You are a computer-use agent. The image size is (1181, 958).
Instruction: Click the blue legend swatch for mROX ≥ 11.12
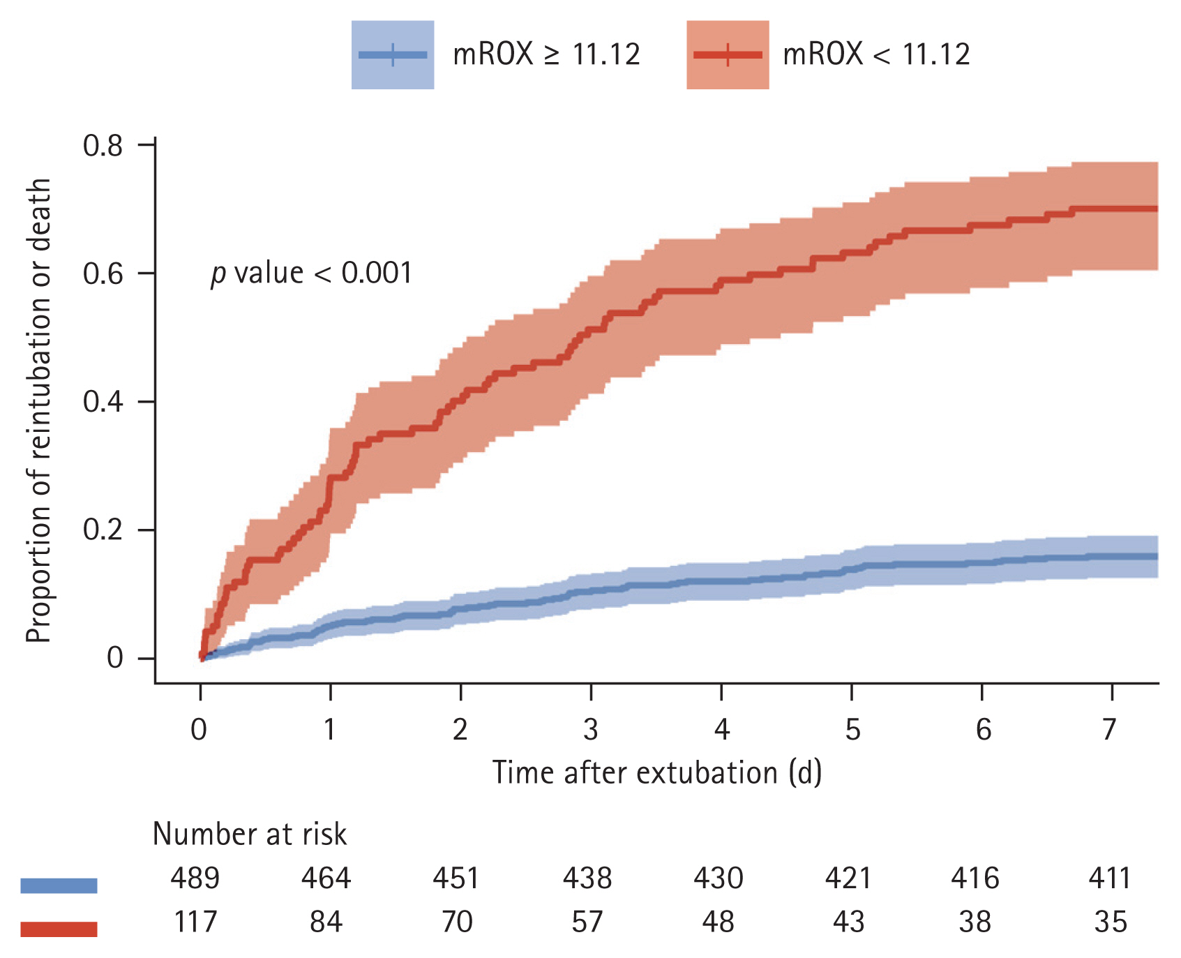[392, 54]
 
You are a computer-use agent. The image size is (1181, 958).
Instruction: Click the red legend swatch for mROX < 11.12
[728, 54]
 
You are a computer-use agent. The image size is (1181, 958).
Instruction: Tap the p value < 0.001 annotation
[312, 273]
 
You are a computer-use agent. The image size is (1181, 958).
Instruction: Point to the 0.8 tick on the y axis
[103, 145]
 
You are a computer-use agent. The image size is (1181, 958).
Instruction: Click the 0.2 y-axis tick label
[103, 530]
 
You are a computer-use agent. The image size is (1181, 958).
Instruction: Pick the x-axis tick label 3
[590, 730]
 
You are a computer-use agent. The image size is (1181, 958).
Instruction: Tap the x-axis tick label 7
[1110, 730]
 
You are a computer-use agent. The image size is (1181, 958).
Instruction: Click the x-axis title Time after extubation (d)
[657, 772]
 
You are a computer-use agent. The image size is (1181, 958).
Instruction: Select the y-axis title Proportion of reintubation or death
[39, 410]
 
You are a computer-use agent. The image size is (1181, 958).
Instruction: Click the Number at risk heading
[250, 834]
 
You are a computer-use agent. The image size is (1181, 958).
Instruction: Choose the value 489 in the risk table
[195, 878]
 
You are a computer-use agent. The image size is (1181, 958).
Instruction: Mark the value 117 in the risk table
[195, 922]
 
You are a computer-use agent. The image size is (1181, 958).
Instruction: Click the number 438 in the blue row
[587, 878]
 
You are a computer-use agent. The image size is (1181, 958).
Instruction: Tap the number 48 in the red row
[718, 922]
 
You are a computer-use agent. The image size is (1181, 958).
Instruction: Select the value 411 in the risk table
[1110, 878]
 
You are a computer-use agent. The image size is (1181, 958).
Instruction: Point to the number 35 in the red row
[1110, 922]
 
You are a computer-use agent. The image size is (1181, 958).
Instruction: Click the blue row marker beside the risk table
[59, 885]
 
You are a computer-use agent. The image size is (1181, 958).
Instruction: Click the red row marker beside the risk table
[59, 929]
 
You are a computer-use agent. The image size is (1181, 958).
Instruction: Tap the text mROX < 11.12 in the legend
[876, 54]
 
